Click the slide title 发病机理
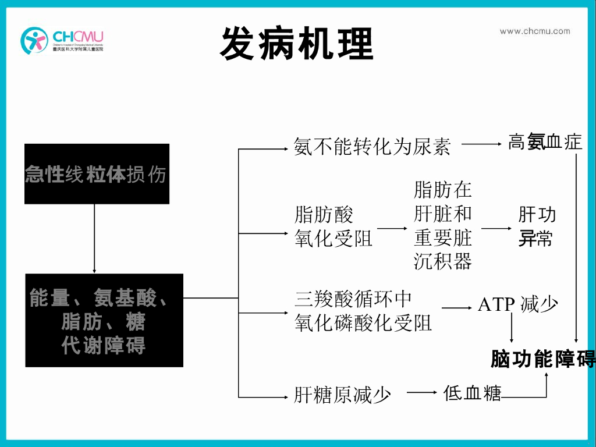(x=297, y=44)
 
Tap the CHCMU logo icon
(x=34, y=40)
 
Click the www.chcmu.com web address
(x=534, y=31)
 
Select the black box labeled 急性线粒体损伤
(x=97, y=174)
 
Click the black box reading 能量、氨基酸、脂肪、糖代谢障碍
(x=104, y=320)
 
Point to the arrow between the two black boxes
(x=94, y=239)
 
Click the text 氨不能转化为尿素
(x=372, y=146)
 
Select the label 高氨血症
(x=545, y=142)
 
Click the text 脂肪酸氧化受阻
(x=334, y=227)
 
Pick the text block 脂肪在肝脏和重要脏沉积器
(x=443, y=225)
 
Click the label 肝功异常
(x=537, y=227)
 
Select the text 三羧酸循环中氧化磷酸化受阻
(x=363, y=311)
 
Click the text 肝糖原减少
(x=342, y=396)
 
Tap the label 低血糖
(x=472, y=393)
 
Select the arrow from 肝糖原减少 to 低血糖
(x=422, y=393)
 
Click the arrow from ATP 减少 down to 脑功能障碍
(x=512, y=329)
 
